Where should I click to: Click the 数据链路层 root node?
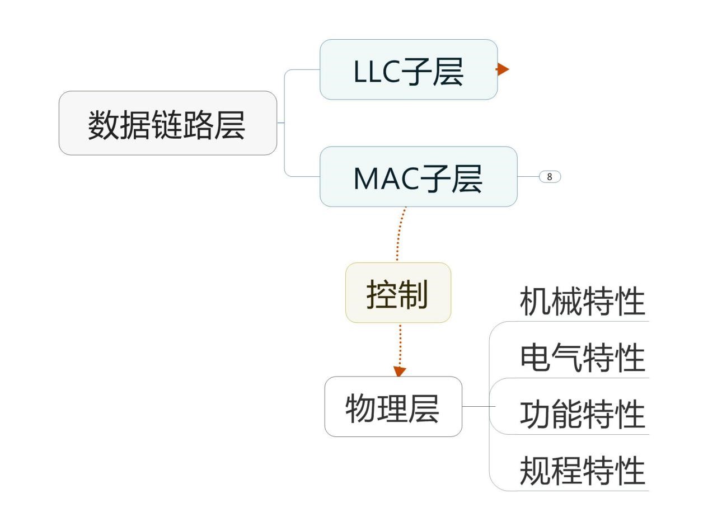pos(167,123)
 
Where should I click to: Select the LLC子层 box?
pos(408,69)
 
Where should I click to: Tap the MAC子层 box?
pos(418,177)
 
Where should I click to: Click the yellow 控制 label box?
pos(398,293)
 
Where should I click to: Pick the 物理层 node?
pos(393,407)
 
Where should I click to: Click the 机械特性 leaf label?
pos(582,302)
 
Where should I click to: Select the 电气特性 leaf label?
pos(582,359)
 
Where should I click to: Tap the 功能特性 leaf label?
pos(582,415)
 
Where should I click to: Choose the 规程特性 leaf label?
pos(582,471)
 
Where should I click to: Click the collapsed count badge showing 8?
pos(550,177)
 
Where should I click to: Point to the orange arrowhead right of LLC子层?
pos(503,69)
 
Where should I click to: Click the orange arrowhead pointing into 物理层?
pos(400,371)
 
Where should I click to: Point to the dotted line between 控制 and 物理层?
pos(400,344)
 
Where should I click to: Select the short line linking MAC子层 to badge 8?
pos(528,177)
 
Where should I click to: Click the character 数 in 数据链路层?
pos(104,125)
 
